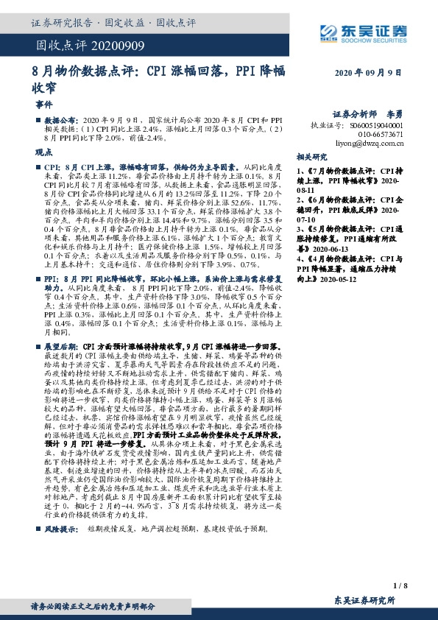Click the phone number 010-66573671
click(380, 135)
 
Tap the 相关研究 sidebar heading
click(311, 158)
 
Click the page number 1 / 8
click(400, 585)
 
